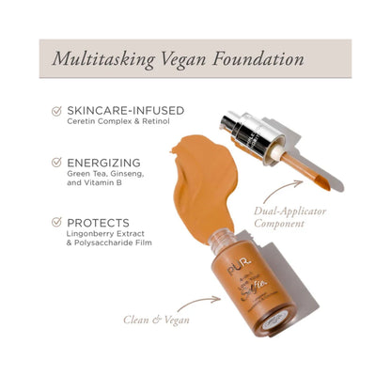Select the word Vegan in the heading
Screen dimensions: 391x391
tap(187, 58)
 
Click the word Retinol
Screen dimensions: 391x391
tap(147, 123)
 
